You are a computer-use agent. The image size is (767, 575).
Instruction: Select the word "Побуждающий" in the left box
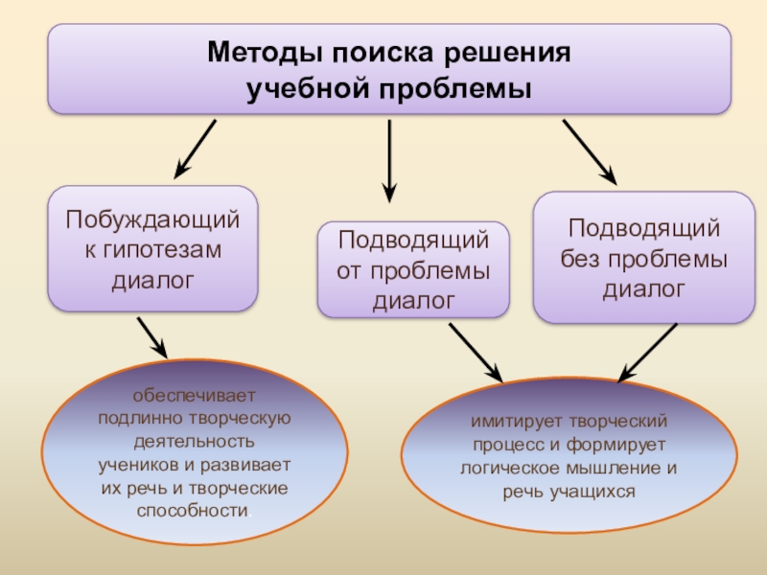[x=152, y=220]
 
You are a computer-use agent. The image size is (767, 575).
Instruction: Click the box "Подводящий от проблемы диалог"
[x=413, y=269]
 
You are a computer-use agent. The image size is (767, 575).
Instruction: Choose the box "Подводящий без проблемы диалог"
[x=643, y=257]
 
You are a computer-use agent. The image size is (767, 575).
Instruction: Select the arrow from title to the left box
[x=195, y=149]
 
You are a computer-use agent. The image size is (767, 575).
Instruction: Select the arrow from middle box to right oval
[x=476, y=351]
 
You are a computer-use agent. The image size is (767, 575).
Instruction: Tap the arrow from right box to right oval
[x=650, y=352]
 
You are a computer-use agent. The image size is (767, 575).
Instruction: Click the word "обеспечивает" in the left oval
[x=195, y=396]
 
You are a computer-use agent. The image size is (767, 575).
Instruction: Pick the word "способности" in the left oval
[x=193, y=511]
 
